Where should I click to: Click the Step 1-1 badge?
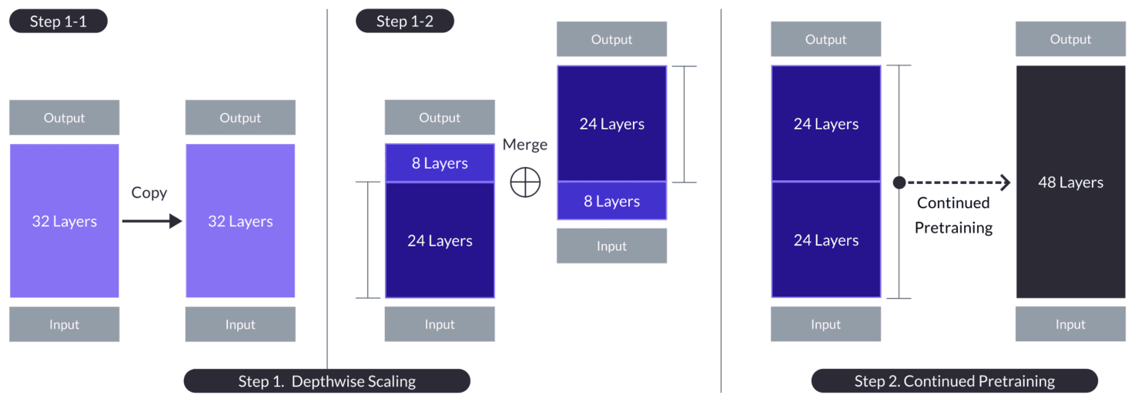point(58,21)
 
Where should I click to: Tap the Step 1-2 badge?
point(404,21)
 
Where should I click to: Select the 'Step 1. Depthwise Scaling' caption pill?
point(326,381)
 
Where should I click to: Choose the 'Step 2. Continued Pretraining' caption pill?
point(954,381)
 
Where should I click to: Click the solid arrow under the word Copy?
point(152,222)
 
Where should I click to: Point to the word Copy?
point(149,192)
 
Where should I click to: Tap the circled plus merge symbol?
point(525,182)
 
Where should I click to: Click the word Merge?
point(524,145)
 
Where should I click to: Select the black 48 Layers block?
point(1070,182)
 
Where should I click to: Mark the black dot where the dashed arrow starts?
point(899,182)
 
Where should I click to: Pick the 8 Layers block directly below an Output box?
point(440,163)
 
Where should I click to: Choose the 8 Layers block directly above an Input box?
point(611,202)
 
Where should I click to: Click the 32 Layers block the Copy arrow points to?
point(240,221)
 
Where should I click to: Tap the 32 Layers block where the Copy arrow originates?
point(64,221)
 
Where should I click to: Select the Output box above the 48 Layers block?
point(1070,39)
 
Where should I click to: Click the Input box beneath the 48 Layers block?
point(1070,324)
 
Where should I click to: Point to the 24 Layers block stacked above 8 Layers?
point(611,124)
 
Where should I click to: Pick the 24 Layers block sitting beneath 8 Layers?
point(440,240)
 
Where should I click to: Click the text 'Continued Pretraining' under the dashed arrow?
point(953,215)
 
